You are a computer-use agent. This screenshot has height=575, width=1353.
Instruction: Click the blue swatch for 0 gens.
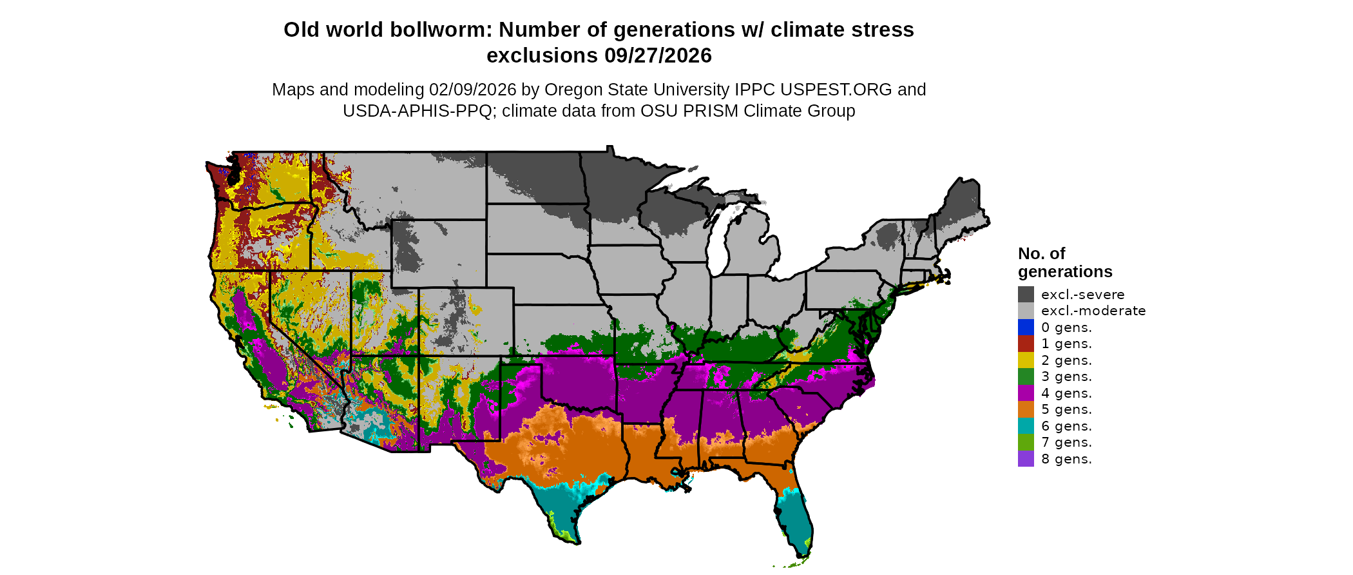1026,327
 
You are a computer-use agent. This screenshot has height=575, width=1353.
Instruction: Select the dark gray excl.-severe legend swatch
1026,295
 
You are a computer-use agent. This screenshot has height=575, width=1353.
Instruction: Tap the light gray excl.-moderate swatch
1026,311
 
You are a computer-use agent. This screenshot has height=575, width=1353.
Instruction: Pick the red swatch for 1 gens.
1026,344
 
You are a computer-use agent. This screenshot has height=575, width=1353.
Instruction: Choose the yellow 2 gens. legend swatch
1026,360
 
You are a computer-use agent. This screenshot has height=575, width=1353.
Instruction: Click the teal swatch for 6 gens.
1026,426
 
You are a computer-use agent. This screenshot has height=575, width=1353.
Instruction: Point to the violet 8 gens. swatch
1026,459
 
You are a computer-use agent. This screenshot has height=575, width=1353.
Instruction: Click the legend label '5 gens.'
1066,409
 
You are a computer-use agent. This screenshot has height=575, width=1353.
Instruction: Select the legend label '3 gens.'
1066,376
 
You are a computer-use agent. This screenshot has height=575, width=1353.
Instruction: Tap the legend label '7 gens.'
1066,442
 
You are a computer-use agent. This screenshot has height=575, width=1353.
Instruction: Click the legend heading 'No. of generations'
1064,262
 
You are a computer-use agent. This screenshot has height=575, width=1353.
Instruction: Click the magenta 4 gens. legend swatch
1026,393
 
